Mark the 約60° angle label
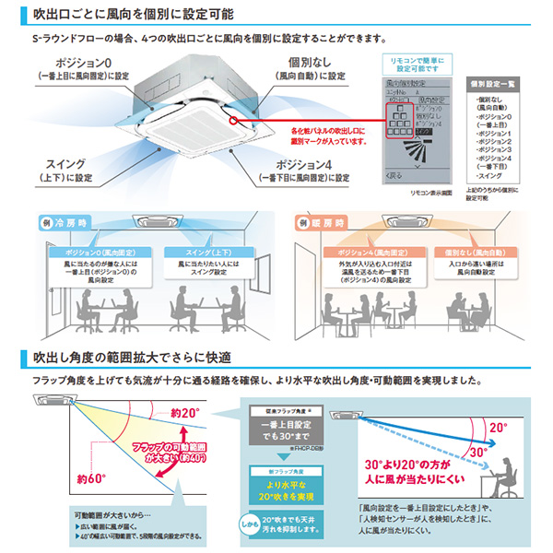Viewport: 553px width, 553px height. pyautogui.click(x=92, y=478)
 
